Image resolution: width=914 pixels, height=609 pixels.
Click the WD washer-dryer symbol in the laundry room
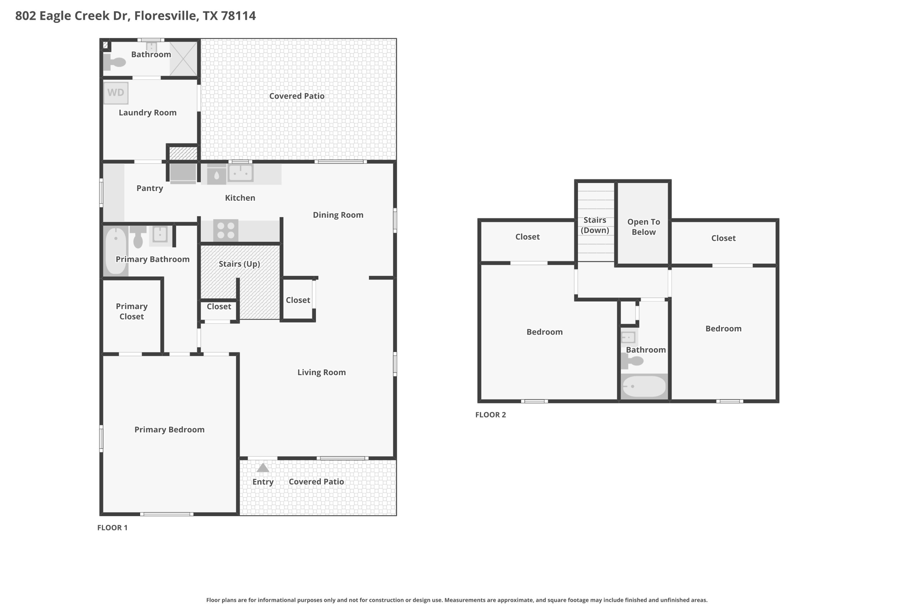click(116, 93)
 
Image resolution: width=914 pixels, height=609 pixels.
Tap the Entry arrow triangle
click(263, 468)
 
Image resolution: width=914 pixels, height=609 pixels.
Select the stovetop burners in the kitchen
click(225, 230)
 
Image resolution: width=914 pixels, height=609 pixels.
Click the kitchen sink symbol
click(241, 172)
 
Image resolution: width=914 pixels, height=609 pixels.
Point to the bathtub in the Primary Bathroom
click(116, 251)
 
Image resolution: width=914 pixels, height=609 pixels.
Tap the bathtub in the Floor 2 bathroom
click(644, 386)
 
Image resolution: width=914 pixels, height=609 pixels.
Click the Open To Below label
click(643, 227)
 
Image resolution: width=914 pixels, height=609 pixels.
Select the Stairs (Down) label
click(594, 225)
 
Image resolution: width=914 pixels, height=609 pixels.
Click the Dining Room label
click(338, 215)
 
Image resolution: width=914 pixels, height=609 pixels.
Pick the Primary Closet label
click(131, 311)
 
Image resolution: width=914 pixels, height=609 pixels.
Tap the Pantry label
click(150, 188)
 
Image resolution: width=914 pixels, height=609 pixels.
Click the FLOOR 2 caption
click(490, 414)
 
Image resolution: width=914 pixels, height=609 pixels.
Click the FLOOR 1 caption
click(112, 527)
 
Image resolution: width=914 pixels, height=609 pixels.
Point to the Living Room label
click(321, 372)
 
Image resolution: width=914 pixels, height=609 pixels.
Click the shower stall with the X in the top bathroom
click(183, 58)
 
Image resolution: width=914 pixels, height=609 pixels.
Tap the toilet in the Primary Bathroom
click(138, 236)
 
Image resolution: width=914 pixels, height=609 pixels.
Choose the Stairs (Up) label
click(239, 264)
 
